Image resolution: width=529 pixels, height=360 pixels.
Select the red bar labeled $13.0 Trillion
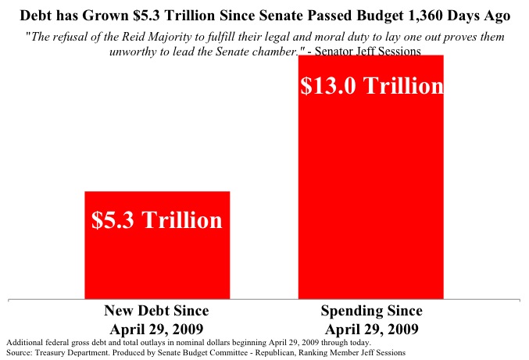[x=371, y=195]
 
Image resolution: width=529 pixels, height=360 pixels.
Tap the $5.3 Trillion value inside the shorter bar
[x=156, y=220]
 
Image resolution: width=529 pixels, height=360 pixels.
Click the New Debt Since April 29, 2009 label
[x=156, y=319]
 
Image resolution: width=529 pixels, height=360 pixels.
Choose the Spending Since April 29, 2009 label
[x=371, y=319]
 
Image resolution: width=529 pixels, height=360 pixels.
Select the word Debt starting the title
[x=36, y=16]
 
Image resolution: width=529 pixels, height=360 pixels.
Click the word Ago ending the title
[x=494, y=16]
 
